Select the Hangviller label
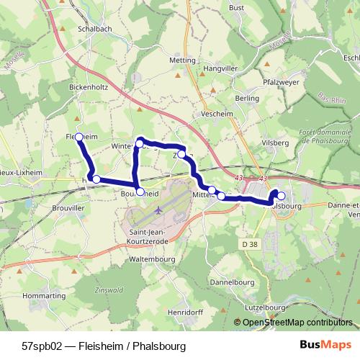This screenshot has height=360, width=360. (x=220, y=68)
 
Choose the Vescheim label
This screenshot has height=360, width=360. (x=217, y=113)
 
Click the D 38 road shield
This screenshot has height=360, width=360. (x=250, y=245)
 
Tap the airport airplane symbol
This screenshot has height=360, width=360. (x=159, y=211)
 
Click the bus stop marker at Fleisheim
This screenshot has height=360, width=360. (x=79, y=136)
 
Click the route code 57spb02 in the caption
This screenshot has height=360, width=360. (x=41, y=346)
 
